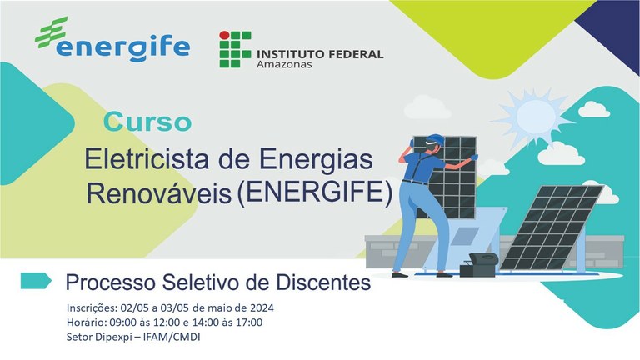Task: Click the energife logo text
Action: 122,48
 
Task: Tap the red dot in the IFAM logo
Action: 224,35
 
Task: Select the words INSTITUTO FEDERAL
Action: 320,54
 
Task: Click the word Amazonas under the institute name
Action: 284,64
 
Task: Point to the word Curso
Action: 147,122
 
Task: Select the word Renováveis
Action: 159,193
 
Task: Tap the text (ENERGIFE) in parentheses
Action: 314,192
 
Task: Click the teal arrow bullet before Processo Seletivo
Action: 36,281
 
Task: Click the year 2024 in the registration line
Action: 262,307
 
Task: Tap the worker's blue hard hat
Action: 436,139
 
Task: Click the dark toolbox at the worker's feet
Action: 479,264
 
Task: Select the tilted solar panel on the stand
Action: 552,227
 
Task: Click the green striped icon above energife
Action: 51,32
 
